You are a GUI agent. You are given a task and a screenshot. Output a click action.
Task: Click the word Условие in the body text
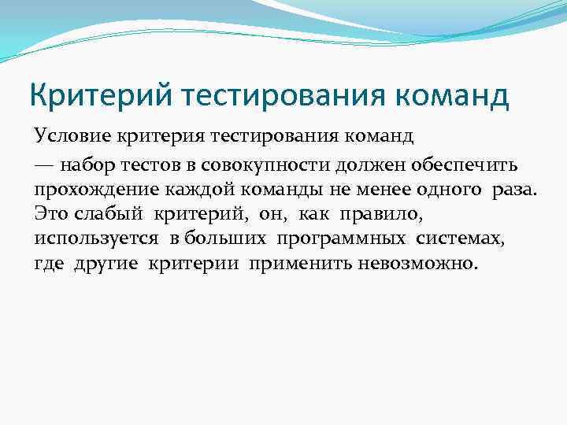pyautogui.click(x=65, y=138)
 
